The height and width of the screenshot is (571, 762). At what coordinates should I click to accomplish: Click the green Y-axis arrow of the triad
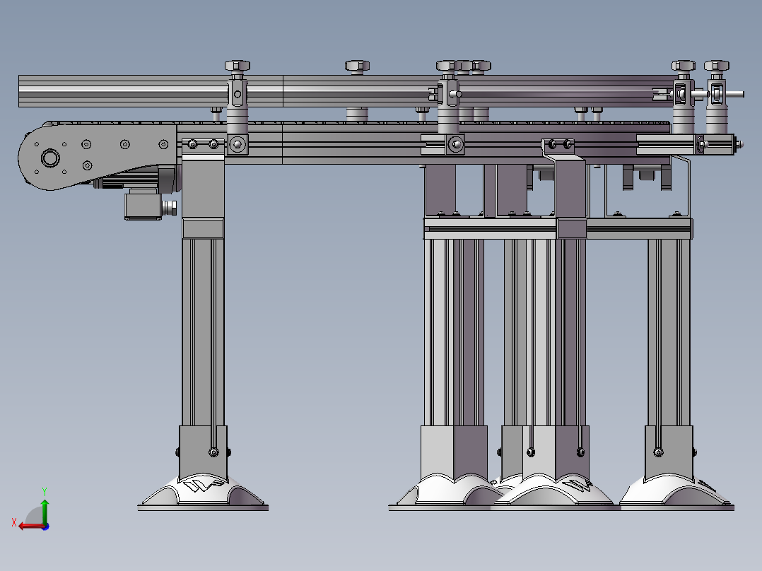pyautogui.click(x=45, y=510)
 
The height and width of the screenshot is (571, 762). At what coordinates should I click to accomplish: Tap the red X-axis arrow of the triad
pyautogui.click(x=30, y=526)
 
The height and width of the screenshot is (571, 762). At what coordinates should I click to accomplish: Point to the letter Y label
pyautogui.click(x=45, y=492)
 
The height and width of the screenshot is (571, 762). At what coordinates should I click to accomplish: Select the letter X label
pyautogui.click(x=13, y=522)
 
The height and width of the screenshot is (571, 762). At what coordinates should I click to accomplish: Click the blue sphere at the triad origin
pyautogui.click(x=45, y=526)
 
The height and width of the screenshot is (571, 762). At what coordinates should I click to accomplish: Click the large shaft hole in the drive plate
pyautogui.click(x=50, y=158)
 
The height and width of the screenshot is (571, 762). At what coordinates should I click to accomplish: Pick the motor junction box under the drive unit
pyautogui.click(x=143, y=206)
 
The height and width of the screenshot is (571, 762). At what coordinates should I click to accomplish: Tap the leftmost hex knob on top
pyautogui.click(x=238, y=66)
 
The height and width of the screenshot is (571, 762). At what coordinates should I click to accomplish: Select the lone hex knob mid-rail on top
pyautogui.click(x=357, y=66)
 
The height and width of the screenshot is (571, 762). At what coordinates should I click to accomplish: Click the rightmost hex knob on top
pyautogui.click(x=716, y=66)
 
